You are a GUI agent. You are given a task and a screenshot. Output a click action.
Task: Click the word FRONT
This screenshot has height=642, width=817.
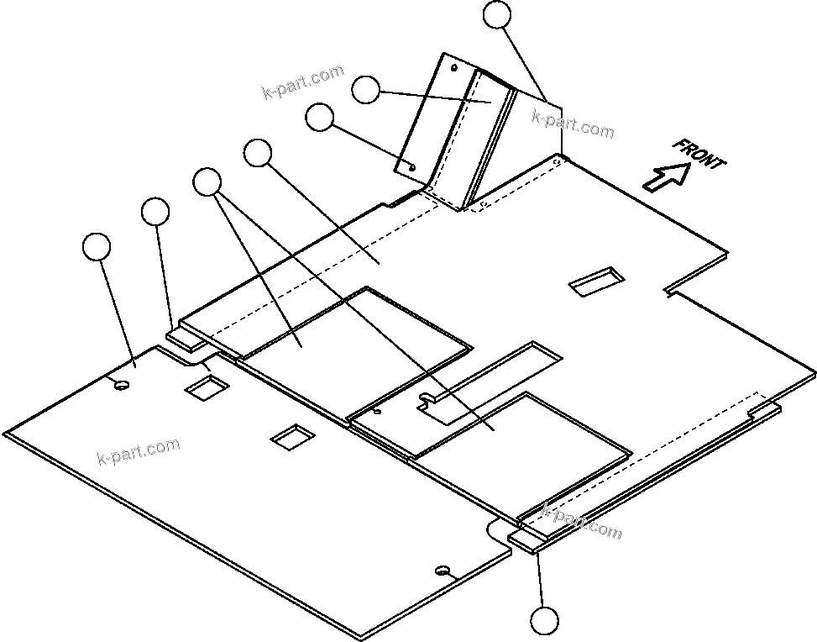(699, 154)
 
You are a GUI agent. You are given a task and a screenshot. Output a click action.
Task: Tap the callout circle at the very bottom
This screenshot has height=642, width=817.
(544, 621)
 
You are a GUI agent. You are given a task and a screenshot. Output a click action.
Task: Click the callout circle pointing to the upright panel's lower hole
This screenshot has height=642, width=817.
(319, 118)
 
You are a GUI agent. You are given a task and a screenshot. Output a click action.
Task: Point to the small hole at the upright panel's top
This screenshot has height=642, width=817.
(454, 66)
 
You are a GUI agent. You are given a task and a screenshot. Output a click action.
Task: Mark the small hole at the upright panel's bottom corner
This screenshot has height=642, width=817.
(412, 166)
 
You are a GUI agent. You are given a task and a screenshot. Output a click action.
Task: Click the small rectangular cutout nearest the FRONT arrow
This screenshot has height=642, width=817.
(596, 282)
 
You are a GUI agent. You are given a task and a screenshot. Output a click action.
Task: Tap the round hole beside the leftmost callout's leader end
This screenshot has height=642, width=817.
(122, 385)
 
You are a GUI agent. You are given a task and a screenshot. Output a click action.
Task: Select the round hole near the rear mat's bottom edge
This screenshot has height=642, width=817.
(442, 571)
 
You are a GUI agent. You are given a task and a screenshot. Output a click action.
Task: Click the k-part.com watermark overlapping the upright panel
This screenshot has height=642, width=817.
(573, 124)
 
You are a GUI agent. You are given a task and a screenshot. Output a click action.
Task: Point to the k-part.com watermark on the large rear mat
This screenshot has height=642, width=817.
(139, 451)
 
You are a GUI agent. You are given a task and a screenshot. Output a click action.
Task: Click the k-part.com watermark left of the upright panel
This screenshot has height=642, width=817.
(302, 82)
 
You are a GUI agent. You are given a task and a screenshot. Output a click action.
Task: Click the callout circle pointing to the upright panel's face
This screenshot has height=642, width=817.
(365, 89)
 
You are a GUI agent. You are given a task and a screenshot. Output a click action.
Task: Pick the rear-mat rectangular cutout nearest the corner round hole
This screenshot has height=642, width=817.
(207, 386)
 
